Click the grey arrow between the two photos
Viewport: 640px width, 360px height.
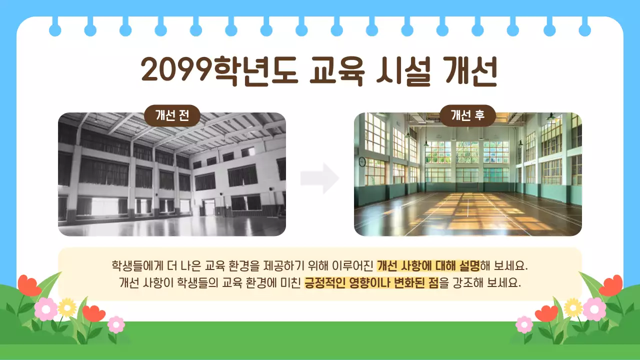click(320, 178)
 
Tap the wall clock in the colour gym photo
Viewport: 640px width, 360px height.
click(362, 161)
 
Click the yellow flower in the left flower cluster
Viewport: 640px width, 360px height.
click(66, 307)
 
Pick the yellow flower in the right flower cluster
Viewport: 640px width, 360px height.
click(573, 307)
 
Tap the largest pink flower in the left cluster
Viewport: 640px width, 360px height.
click(45, 309)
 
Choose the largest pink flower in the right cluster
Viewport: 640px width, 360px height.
click(594, 308)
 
